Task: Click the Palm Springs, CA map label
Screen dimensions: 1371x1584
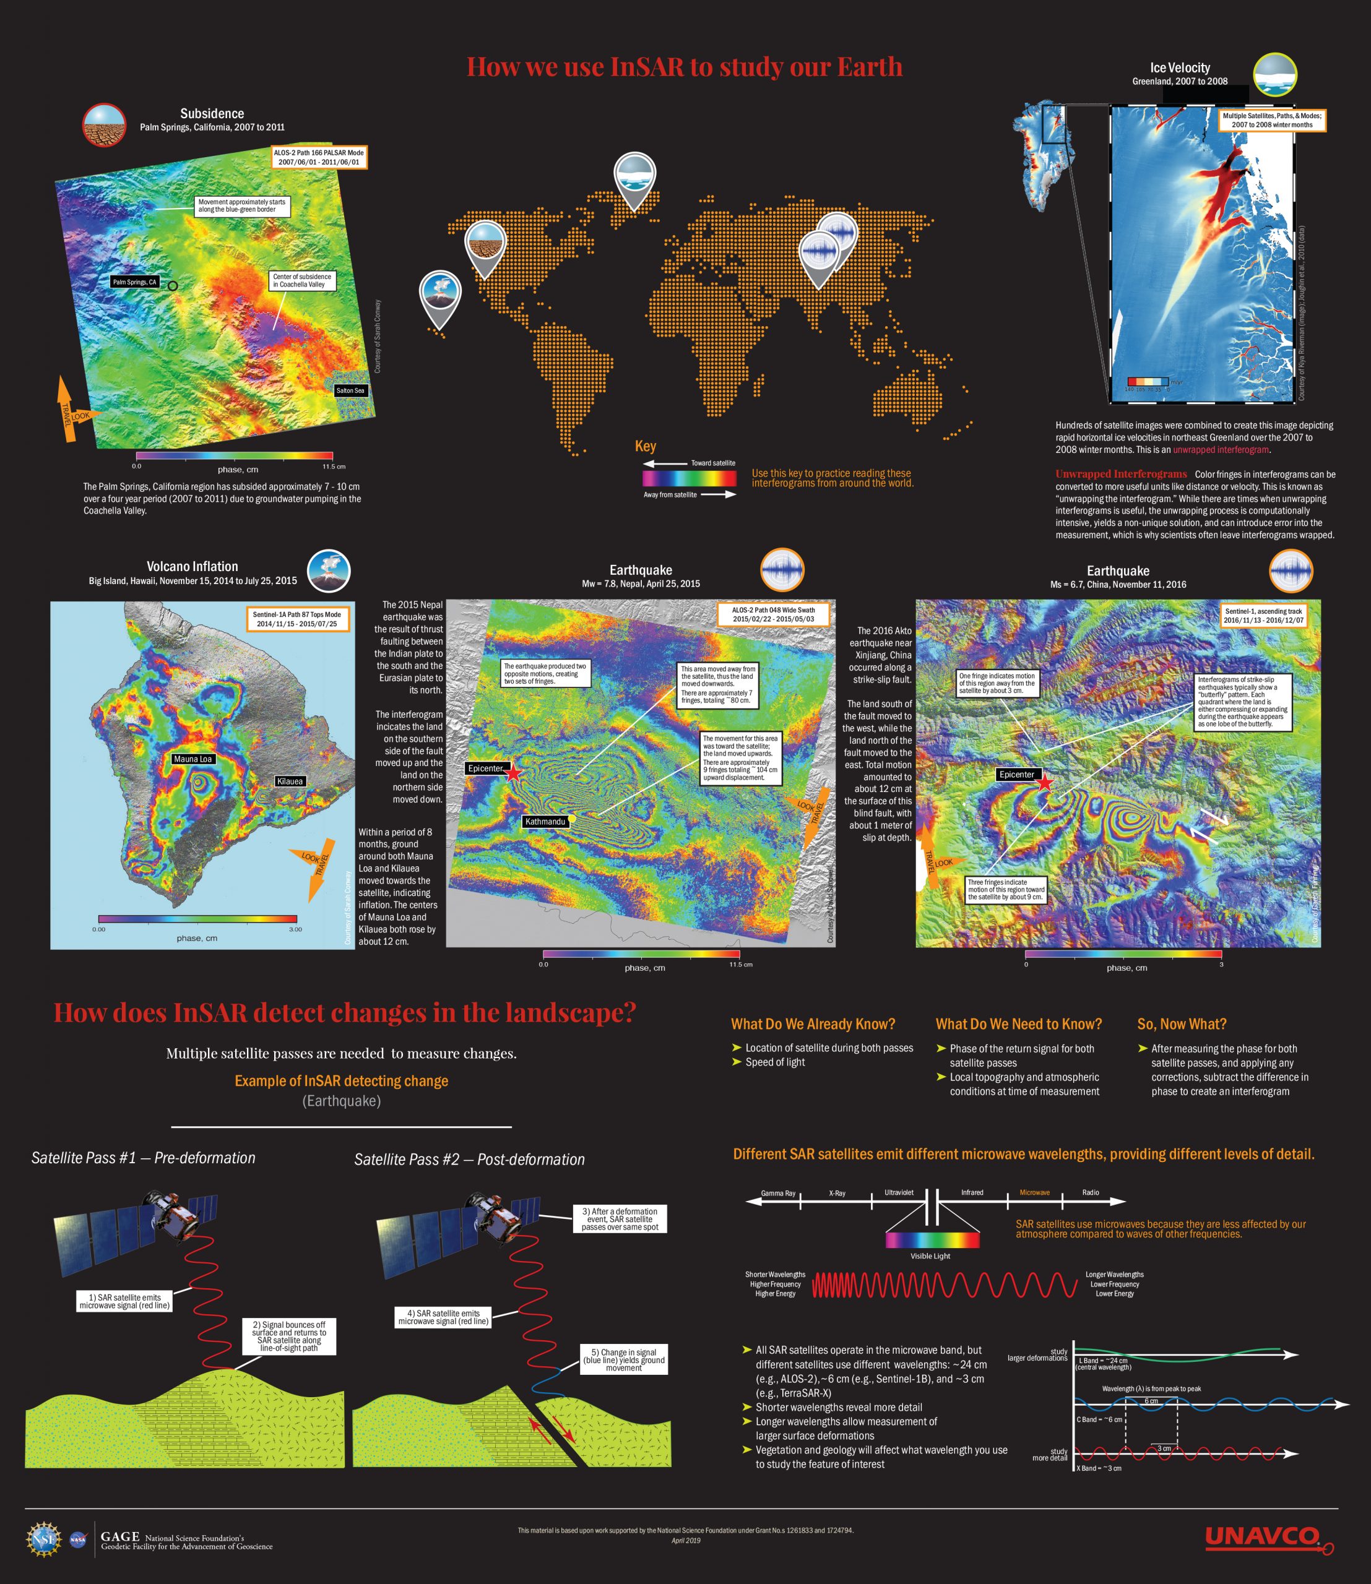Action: (x=135, y=282)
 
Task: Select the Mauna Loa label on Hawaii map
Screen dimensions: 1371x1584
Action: (x=192, y=759)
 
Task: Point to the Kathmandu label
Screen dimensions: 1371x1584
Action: (x=545, y=822)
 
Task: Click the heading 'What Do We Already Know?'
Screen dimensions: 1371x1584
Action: (x=813, y=1024)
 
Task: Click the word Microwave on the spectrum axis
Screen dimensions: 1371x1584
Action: (x=1034, y=1192)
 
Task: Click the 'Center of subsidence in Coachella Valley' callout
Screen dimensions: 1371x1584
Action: (x=302, y=281)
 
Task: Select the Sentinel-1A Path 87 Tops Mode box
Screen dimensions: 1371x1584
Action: (x=297, y=619)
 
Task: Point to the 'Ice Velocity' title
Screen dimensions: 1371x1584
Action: (x=1180, y=68)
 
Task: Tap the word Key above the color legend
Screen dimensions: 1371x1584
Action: (x=645, y=447)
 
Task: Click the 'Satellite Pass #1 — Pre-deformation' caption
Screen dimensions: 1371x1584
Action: (x=143, y=1158)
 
